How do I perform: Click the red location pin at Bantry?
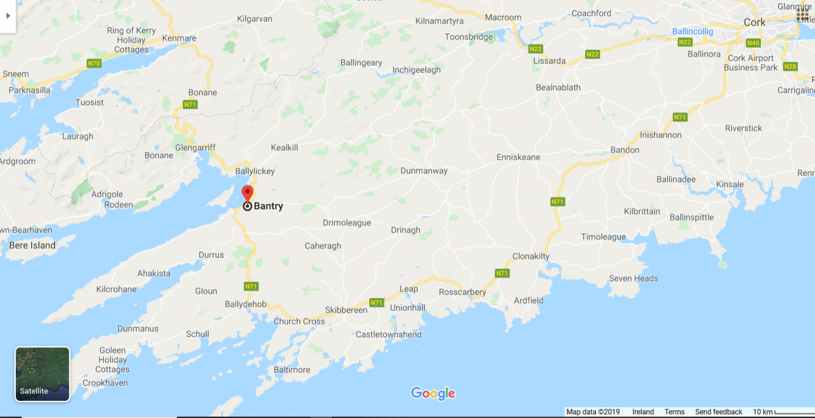248,193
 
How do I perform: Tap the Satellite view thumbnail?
42,374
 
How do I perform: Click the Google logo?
433,393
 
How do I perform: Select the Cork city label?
755,22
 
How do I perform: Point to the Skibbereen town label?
346,310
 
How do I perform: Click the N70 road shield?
94,63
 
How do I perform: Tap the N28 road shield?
790,66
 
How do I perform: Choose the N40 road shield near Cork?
753,43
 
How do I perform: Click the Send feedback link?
718,412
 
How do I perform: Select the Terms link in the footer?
674,412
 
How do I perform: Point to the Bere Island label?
32,245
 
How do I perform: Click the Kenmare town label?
179,38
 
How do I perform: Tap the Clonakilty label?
531,256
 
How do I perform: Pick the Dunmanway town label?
424,171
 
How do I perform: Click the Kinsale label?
730,184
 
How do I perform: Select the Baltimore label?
292,370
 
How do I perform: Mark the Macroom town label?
503,17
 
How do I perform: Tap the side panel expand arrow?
8,15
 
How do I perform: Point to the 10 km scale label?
763,412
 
